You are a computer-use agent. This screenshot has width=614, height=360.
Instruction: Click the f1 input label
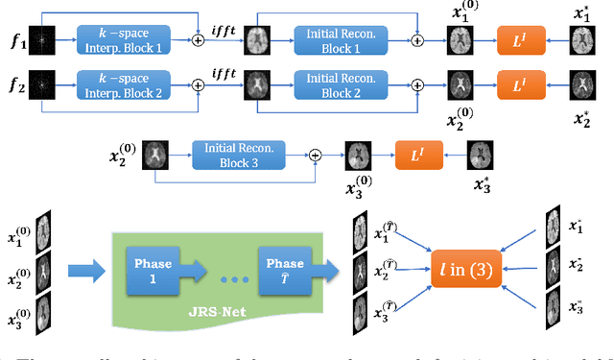(x=16, y=40)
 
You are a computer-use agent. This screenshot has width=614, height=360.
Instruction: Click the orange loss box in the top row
(x=521, y=40)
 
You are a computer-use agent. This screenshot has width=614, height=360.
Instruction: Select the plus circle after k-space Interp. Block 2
(x=199, y=84)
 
